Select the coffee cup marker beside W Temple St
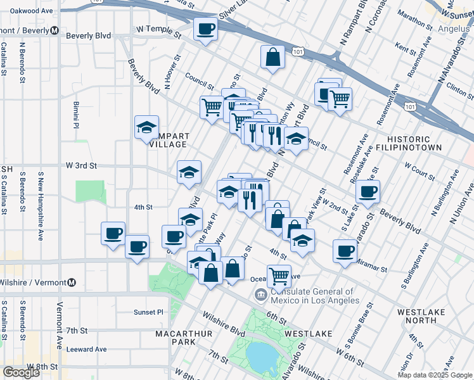(205, 29)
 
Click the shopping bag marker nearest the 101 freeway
(272, 57)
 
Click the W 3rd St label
(81, 165)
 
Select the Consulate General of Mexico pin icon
(260, 294)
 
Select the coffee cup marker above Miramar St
(345, 251)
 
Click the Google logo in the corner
(22, 372)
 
